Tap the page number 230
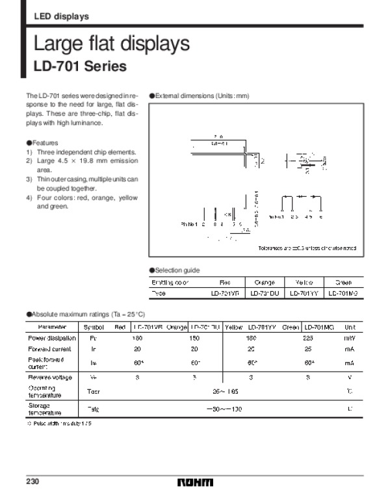point(33,481)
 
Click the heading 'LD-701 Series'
point(79,66)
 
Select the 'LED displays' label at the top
point(61,16)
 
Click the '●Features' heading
point(42,142)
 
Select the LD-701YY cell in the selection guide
point(304,293)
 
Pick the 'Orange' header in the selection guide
point(265,283)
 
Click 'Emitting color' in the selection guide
point(170,283)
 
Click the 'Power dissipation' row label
point(52,338)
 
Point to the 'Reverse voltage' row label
point(49,377)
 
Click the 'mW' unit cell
point(349,338)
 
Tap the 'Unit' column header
point(349,326)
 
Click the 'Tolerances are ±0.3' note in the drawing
point(307,248)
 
